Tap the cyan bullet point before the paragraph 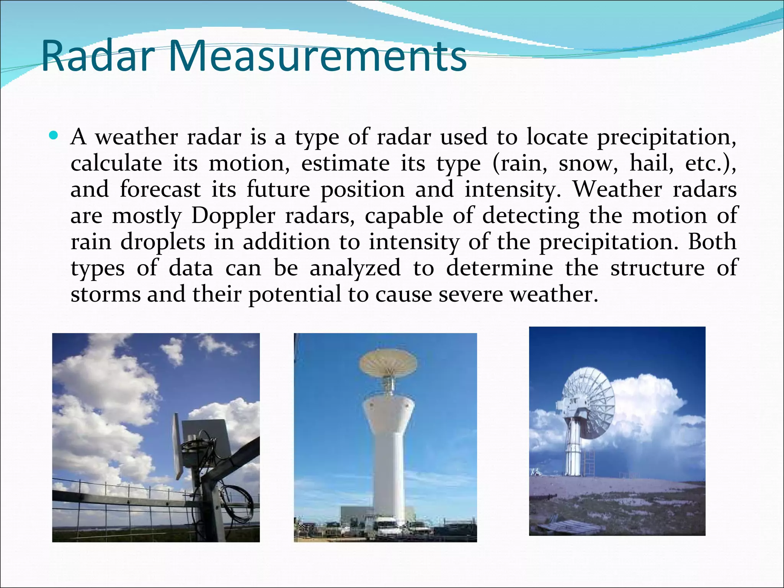pyautogui.click(x=54, y=136)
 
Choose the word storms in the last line pyautogui.click(x=106, y=295)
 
